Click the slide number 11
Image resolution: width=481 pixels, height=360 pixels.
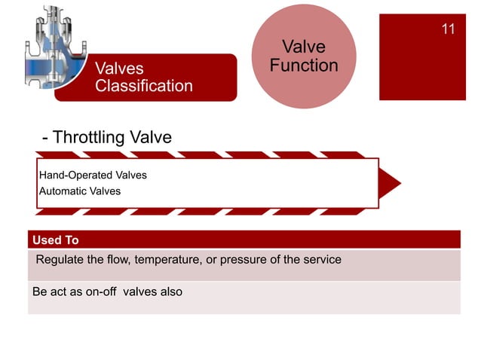tap(448, 29)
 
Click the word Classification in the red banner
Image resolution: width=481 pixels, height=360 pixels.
tap(143, 86)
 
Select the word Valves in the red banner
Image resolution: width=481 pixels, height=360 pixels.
tap(119, 69)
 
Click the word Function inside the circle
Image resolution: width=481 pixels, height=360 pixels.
tap(304, 66)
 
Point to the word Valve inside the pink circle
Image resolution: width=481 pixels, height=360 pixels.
tap(304, 47)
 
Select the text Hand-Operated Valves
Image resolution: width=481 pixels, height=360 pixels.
tap(93, 175)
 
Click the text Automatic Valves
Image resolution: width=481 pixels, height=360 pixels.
tap(79, 191)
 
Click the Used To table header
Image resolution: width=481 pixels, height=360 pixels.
tap(55, 240)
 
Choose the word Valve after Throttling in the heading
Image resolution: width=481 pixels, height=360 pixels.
tap(151, 138)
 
